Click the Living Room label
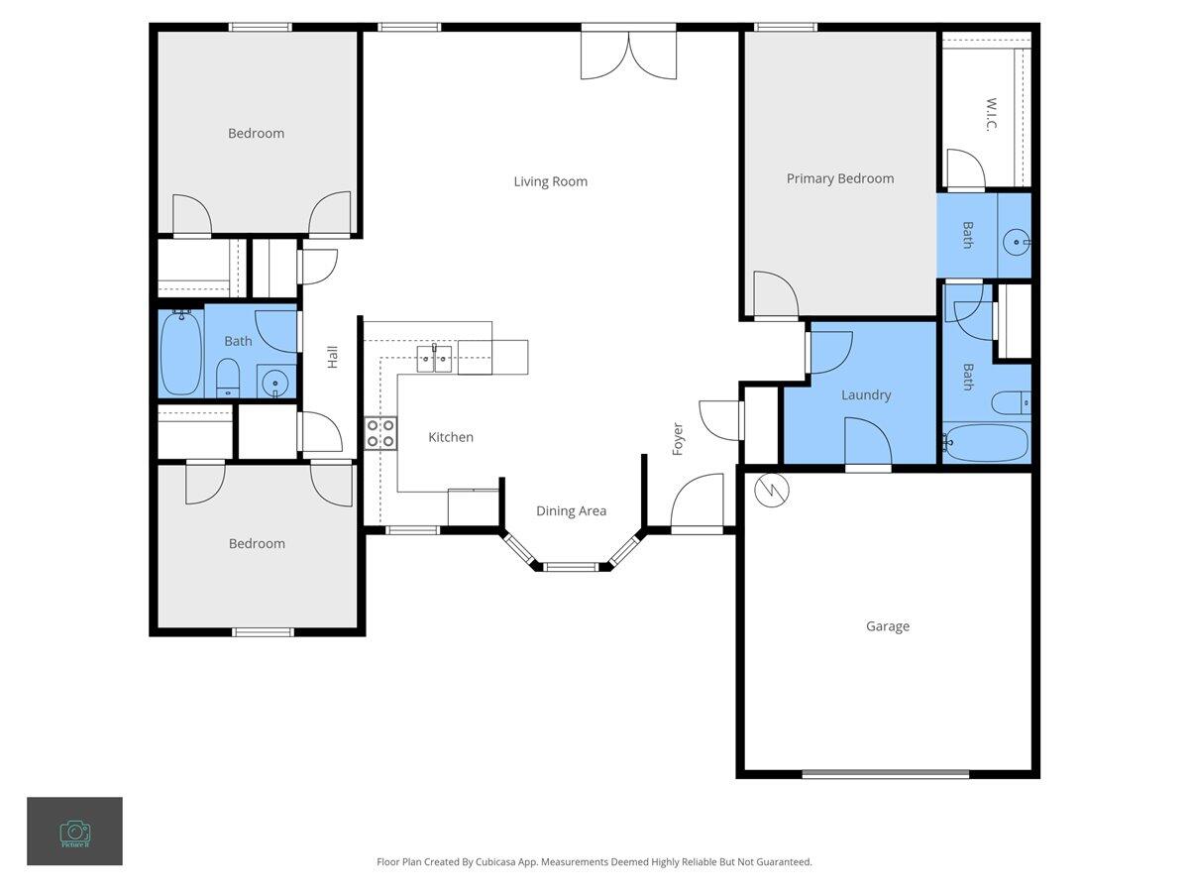tap(550, 181)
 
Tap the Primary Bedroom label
tap(839, 179)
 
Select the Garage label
tap(887, 626)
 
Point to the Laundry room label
tap(865, 395)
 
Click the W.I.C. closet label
tap(990, 113)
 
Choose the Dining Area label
tap(571, 511)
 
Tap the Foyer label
tap(679, 438)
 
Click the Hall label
tap(333, 357)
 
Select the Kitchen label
tap(450, 437)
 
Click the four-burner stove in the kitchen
tap(380, 433)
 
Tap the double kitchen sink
tap(434, 358)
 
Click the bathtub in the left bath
tap(181, 353)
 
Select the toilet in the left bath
tap(228, 378)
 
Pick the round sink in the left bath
tap(275, 381)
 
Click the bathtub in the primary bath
tap(986, 443)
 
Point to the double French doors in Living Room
tap(628, 55)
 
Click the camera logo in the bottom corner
tap(74, 832)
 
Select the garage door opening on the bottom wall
tap(885, 774)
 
